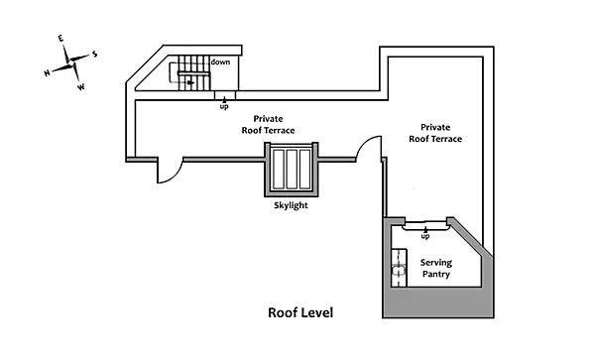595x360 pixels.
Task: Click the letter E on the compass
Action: tap(60, 39)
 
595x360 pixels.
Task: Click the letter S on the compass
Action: tap(94, 55)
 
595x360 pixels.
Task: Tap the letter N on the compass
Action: tap(47, 72)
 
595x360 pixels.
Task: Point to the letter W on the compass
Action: tap(81, 87)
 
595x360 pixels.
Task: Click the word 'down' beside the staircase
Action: tap(220, 61)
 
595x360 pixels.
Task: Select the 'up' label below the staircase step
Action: tap(224, 106)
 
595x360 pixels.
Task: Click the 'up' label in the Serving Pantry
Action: tap(425, 236)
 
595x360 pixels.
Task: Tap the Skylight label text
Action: tap(291, 205)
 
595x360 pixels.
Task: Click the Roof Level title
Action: tap(300, 312)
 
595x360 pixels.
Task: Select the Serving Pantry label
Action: tap(436, 268)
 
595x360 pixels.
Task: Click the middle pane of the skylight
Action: tap(292, 170)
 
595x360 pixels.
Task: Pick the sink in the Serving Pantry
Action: tap(399, 271)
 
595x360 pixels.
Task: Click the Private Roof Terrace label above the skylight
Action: tap(269, 124)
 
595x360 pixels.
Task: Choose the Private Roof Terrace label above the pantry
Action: tap(435, 133)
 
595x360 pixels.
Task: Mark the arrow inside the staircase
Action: tap(190, 82)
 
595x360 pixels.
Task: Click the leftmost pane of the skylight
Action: tap(279, 170)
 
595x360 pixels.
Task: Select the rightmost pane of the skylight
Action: tap(304, 170)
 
